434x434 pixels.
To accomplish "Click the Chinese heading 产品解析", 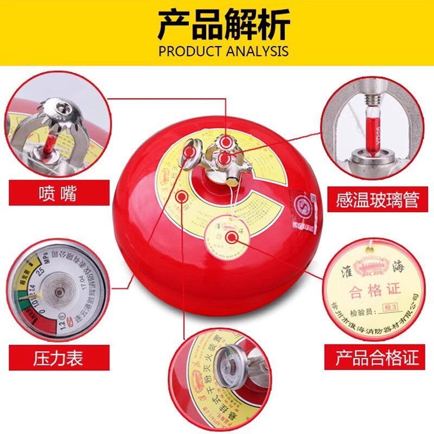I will pos(216,24).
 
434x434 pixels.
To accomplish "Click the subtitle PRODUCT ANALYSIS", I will pos(217,52).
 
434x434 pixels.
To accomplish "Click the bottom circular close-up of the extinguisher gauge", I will pos(217,380).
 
